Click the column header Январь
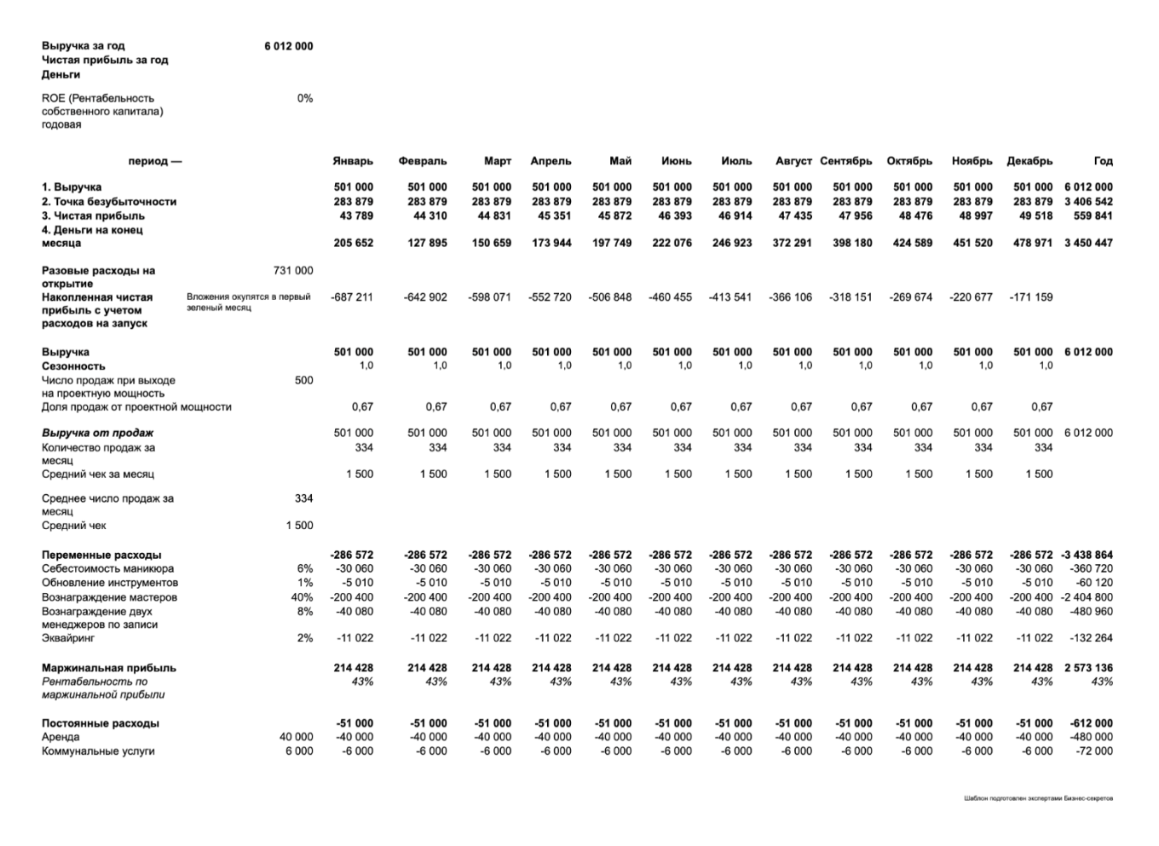coord(353,161)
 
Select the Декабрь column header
coord(1029,161)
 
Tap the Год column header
coord(1103,161)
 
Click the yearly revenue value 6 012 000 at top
coord(288,46)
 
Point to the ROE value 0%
coord(304,98)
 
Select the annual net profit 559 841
coord(1090,216)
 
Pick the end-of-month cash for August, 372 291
coord(793,243)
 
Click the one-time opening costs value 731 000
coord(293,270)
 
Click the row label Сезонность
coord(73,366)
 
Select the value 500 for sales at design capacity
coord(303,380)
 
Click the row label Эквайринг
coord(68,637)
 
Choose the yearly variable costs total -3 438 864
coord(1087,555)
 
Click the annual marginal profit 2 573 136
coord(1088,668)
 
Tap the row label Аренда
coord(61,737)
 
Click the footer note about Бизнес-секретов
coord(1038,798)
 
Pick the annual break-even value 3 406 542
coord(1088,202)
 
